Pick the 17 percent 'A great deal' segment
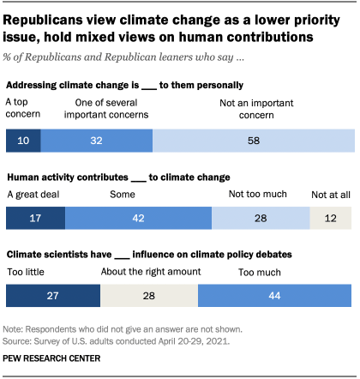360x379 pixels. [35, 218]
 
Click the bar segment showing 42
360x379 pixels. [137, 218]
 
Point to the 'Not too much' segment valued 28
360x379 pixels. [260, 218]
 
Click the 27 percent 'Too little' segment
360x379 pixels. [53, 296]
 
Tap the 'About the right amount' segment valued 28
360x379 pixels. [149, 296]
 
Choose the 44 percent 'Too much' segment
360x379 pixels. [274, 296]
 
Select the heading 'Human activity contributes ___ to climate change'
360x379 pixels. [118, 177]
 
